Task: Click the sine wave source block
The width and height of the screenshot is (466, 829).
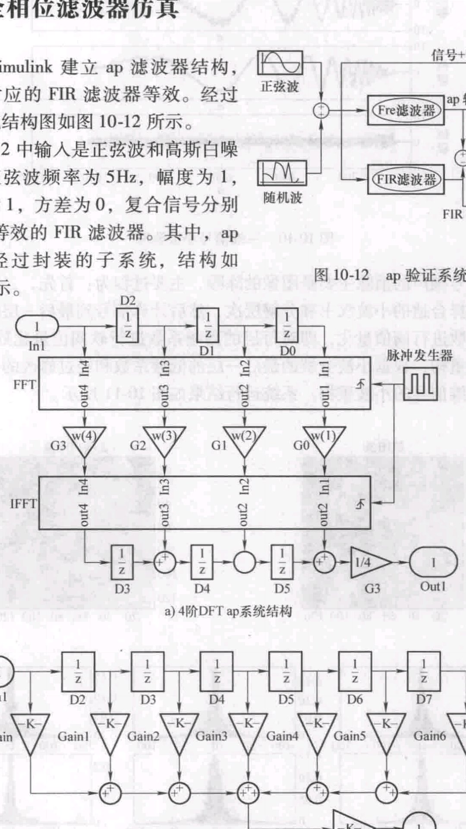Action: tap(280, 63)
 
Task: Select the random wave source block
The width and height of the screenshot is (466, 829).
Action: tap(282, 173)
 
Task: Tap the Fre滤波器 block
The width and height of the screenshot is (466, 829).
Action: tap(406, 111)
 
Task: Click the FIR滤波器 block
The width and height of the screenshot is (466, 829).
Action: tap(406, 180)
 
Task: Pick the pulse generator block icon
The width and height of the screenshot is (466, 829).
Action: tap(420, 384)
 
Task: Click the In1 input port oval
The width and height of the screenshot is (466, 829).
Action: tap(37, 326)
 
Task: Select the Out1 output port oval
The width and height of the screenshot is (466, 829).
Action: tap(433, 562)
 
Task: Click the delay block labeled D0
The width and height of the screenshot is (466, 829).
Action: tap(287, 325)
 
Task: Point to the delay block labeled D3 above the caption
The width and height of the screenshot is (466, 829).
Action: tap(122, 562)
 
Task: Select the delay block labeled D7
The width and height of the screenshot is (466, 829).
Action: tap(424, 671)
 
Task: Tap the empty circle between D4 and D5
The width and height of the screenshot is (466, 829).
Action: tap(245, 562)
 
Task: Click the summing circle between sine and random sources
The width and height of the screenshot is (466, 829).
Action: tap(321, 111)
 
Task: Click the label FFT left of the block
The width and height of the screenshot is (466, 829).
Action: tap(24, 384)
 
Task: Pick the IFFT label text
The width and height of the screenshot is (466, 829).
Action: tap(23, 503)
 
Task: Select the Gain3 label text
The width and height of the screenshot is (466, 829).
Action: tap(211, 736)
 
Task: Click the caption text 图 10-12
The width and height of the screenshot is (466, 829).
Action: tap(341, 275)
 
